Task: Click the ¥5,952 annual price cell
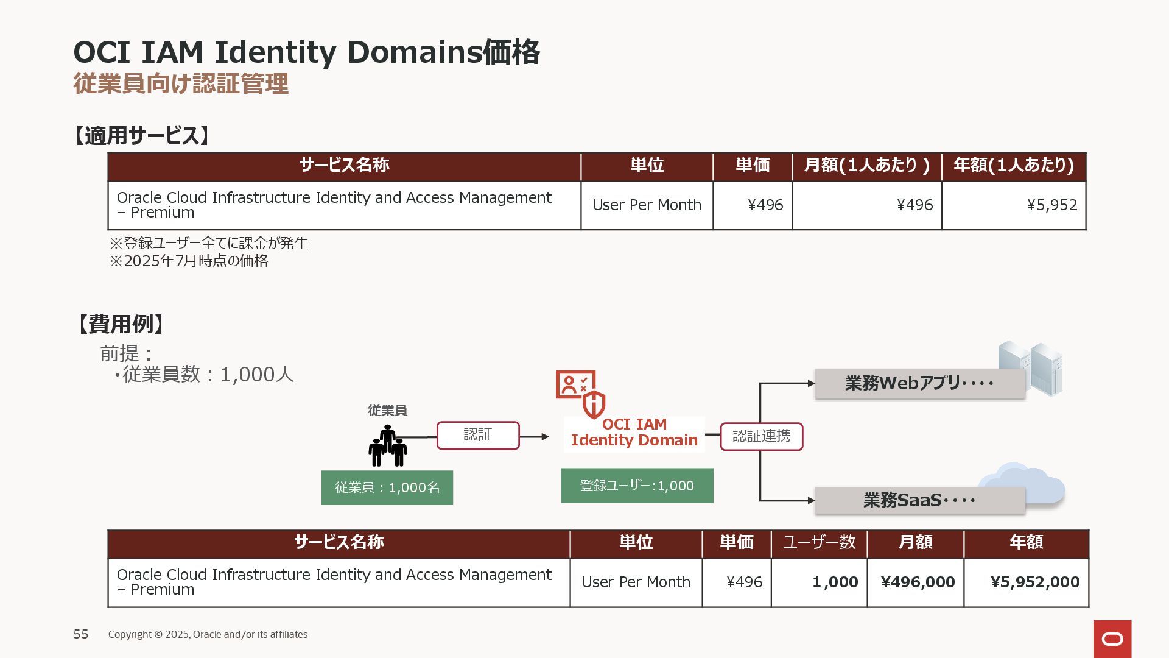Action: click(x=1014, y=205)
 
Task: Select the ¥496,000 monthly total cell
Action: click(x=916, y=582)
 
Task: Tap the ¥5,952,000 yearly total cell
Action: click(x=1027, y=582)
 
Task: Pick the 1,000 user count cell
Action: click(x=820, y=582)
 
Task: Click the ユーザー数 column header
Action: click(x=820, y=542)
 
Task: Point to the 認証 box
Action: click(x=478, y=436)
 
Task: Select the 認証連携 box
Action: click(x=762, y=436)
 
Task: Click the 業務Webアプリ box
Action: click(x=919, y=384)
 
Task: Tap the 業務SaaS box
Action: click(x=919, y=501)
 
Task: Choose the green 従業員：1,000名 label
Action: click(x=387, y=487)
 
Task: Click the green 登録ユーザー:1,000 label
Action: click(x=637, y=486)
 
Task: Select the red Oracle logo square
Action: click(x=1112, y=639)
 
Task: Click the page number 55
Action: click(x=81, y=634)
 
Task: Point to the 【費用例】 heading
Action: click(x=119, y=324)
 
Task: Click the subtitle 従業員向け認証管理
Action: click(x=181, y=83)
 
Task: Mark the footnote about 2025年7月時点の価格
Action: click(x=189, y=261)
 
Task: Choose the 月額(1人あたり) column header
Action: click(x=867, y=166)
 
